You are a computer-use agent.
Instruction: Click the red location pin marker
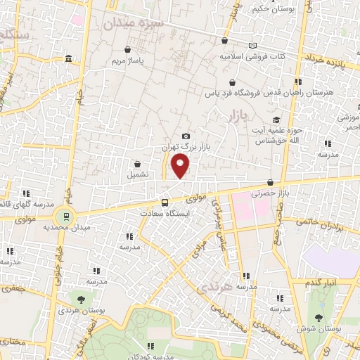tap(181, 165)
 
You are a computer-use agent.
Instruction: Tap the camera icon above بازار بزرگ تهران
tap(186, 136)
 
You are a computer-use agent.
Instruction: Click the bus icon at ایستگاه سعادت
tap(165, 202)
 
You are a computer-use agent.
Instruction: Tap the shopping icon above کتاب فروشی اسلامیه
tap(224, 41)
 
